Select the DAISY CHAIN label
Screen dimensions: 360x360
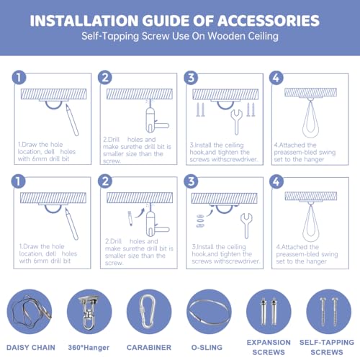(31, 347)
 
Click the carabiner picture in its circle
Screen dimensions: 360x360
(149, 312)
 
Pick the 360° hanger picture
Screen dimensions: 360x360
(89, 312)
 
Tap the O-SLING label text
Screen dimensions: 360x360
(207, 347)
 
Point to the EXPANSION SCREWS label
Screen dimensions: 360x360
(269, 347)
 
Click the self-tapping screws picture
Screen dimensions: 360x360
(328, 311)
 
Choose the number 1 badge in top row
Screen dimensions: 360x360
(19, 77)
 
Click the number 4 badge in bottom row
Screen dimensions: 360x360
(276, 181)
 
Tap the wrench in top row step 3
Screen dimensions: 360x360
(236, 122)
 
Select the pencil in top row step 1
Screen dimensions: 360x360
(72, 120)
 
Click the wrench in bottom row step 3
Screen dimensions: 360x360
(246, 225)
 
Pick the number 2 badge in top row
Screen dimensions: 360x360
(105, 77)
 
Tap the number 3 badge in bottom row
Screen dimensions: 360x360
(191, 181)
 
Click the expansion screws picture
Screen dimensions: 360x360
(269, 312)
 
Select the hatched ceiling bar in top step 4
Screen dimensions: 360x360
(310, 92)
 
